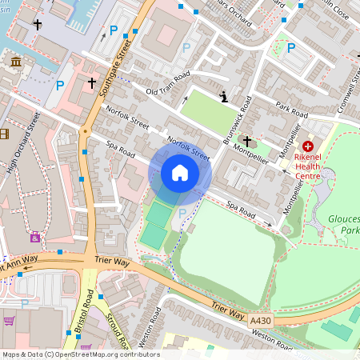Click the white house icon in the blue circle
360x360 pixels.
[180, 174]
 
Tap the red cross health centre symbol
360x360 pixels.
[308, 146]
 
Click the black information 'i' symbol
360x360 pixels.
[223, 97]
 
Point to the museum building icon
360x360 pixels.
[14, 62]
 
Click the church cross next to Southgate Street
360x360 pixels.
[91, 82]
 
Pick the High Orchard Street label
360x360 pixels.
[24, 142]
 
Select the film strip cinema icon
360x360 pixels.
[4, 134]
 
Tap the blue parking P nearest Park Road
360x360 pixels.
[290, 48]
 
